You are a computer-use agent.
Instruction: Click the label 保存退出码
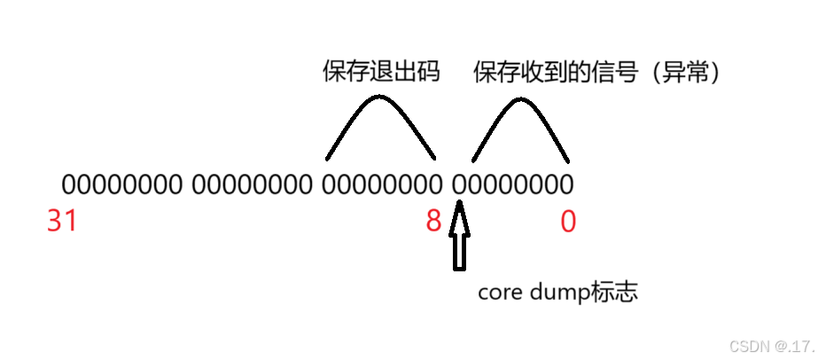(381, 73)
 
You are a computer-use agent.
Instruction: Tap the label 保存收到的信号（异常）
(599, 73)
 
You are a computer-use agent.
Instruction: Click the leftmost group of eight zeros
(121, 184)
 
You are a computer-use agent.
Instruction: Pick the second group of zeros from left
(252, 184)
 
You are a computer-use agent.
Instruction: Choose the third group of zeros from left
(382, 184)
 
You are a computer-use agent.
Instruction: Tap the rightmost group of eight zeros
(513, 184)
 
